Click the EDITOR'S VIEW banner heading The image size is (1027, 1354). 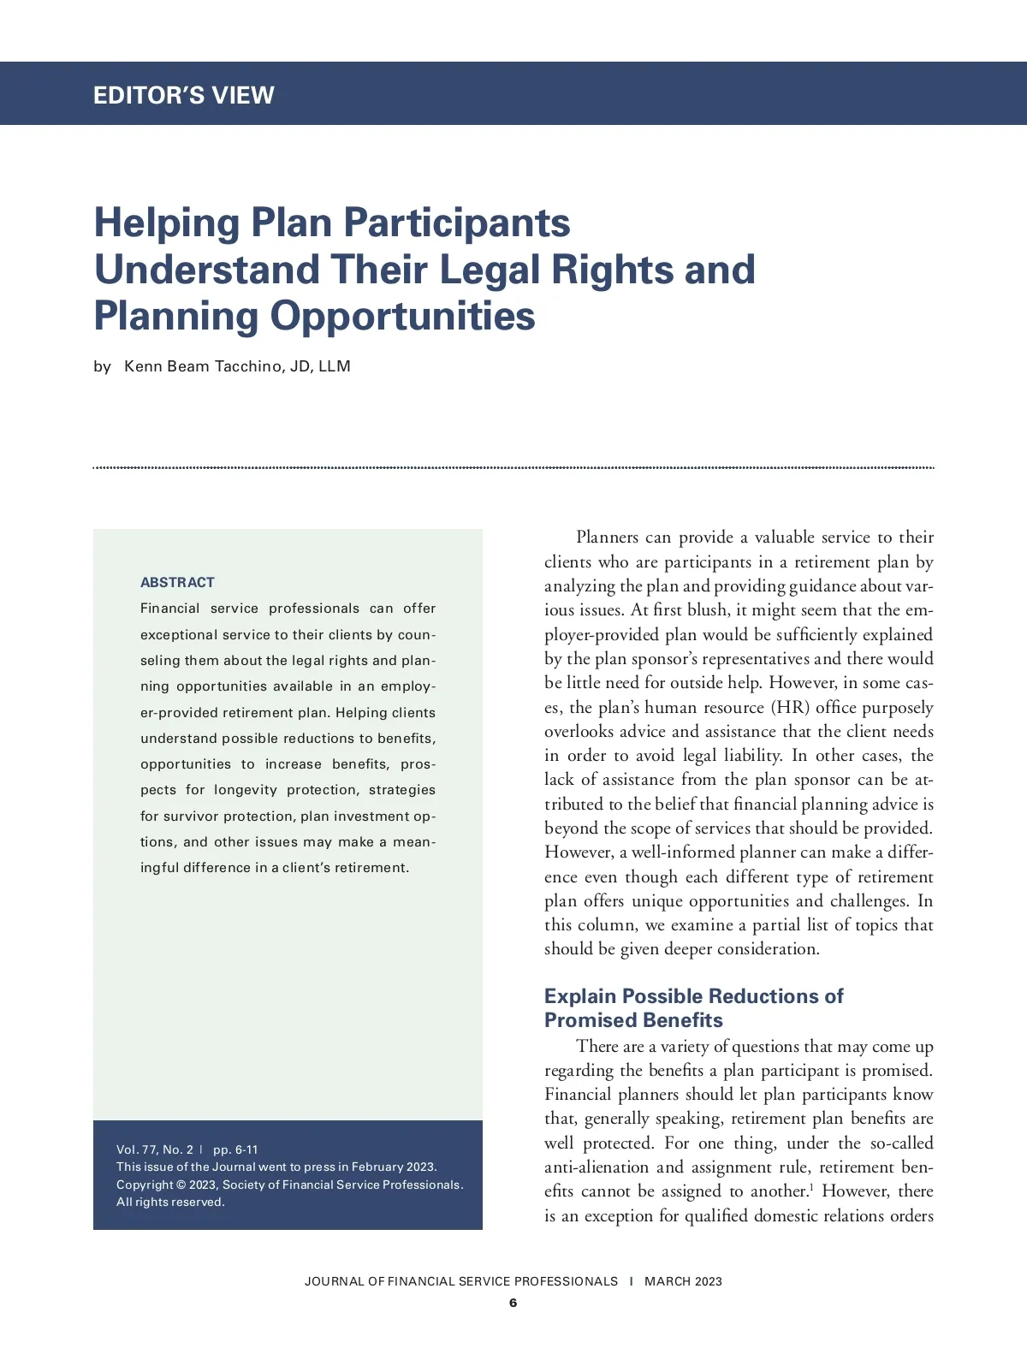(x=183, y=95)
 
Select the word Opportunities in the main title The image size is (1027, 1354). (x=402, y=316)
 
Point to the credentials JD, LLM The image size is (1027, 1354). (x=320, y=366)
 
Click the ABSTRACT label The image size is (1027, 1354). (x=177, y=582)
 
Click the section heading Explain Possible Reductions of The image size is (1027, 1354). (x=693, y=996)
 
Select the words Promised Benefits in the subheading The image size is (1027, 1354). (x=633, y=1020)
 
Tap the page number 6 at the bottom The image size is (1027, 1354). (x=513, y=1303)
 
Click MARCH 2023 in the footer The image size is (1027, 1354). (x=683, y=1281)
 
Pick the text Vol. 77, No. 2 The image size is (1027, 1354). (x=155, y=1149)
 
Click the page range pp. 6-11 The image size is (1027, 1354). (x=235, y=1149)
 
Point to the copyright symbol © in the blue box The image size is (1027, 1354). (x=181, y=1185)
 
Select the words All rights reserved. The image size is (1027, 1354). (x=170, y=1202)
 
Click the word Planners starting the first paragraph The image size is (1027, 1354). (x=607, y=537)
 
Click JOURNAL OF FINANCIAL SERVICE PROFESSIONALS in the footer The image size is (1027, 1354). (x=460, y=1281)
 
